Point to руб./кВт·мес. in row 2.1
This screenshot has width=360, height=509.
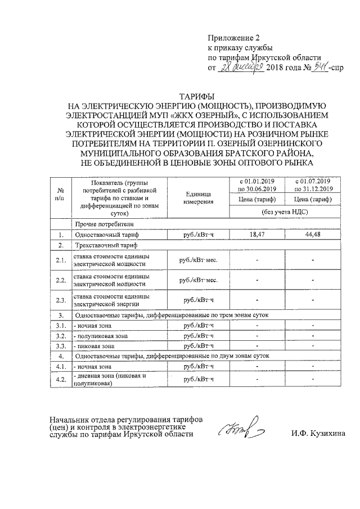click(x=197, y=259)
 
